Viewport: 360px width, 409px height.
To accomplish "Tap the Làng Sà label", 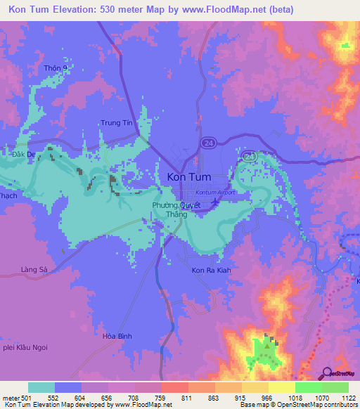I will click(x=33, y=269).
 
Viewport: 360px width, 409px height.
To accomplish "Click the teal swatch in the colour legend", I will click(x=41, y=387).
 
